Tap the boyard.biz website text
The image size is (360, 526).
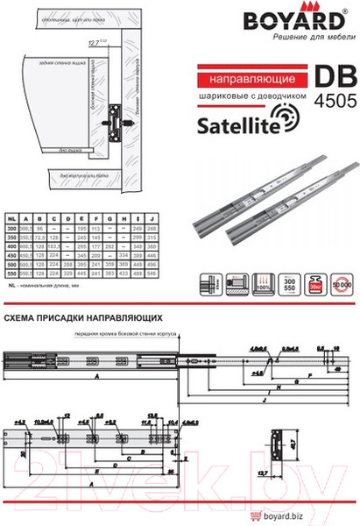pyautogui.click(x=333, y=515)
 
